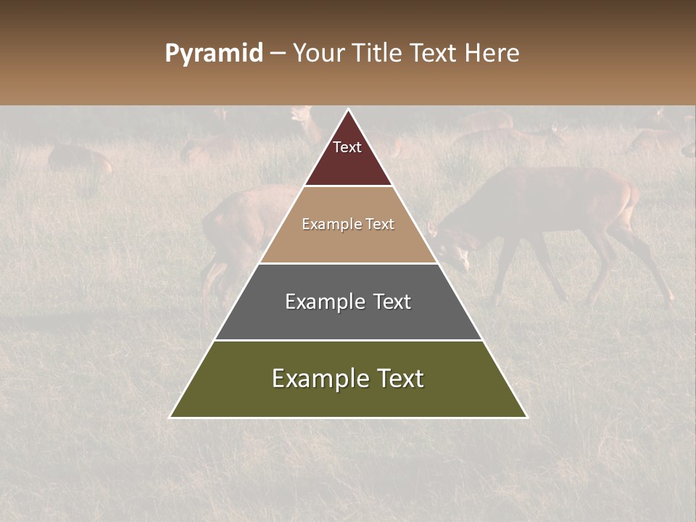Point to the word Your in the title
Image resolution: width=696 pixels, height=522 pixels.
click(x=317, y=54)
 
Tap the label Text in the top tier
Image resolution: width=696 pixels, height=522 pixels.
click(x=347, y=147)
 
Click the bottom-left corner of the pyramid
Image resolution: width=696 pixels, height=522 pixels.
click(x=170, y=417)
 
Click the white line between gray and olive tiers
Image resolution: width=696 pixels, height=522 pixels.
click(x=348, y=340)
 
